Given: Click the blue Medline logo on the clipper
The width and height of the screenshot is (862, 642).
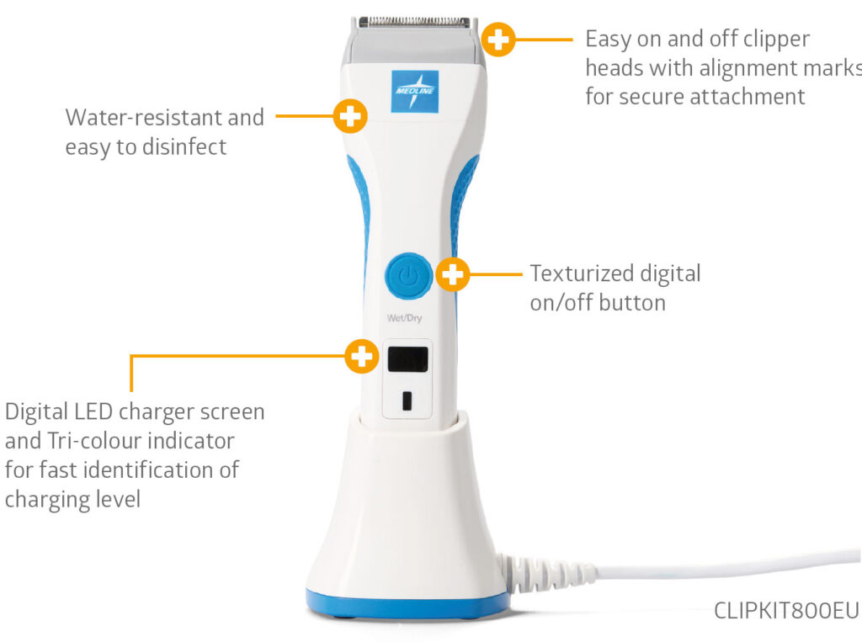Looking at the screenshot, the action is click(x=414, y=91).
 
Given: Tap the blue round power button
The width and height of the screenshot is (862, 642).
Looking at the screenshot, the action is click(x=408, y=276).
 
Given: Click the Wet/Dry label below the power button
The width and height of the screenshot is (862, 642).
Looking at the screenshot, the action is click(x=405, y=318).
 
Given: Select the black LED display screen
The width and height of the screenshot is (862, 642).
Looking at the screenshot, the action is click(x=408, y=359).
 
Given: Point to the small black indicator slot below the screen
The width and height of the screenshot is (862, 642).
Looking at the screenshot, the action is click(x=407, y=401).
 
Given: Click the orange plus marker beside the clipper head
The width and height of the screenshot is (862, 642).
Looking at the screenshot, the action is click(x=498, y=40).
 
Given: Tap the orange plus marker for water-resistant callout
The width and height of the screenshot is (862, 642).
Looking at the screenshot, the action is click(x=350, y=116).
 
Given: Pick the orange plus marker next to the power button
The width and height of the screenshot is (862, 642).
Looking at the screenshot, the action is click(x=452, y=273).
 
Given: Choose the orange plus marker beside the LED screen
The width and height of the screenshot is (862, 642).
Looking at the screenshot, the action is click(x=362, y=356).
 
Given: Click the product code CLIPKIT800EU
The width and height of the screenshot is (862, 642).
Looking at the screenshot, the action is click(x=786, y=611).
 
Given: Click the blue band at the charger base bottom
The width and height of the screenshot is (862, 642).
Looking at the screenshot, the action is click(x=407, y=606).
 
